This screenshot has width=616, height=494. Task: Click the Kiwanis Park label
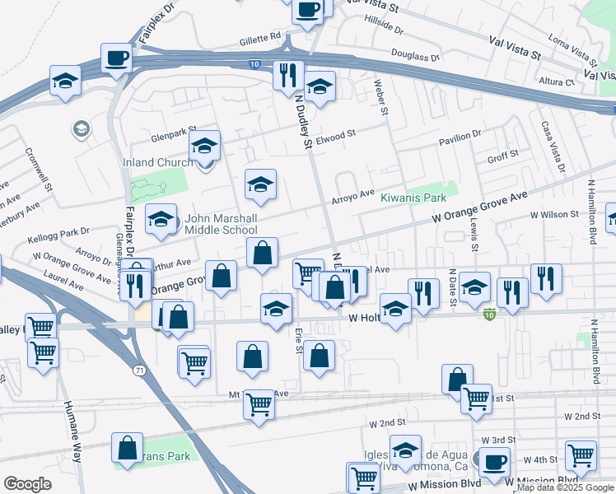coord(413,198)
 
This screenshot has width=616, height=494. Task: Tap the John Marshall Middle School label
coord(221,224)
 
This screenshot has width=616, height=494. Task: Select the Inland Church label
coord(158,162)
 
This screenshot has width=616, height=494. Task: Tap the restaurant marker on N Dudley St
coord(288,76)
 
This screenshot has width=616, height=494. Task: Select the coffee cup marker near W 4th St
coord(494,462)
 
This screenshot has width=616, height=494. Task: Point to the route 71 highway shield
coord(141,371)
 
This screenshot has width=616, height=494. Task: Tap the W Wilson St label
coord(553,214)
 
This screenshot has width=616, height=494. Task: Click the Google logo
coord(27,483)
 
